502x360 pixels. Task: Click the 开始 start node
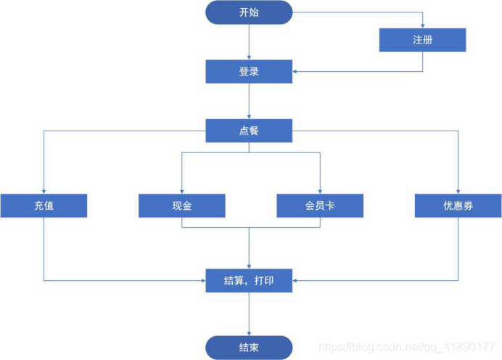click(x=249, y=12)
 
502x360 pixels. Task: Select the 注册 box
click(x=422, y=40)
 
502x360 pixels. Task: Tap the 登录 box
click(x=249, y=71)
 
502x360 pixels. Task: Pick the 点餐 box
click(x=249, y=131)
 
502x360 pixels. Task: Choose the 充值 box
click(x=44, y=205)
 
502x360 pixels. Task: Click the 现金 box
click(x=181, y=205)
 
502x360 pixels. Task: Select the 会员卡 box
click(x=320, y=205)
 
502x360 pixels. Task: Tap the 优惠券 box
click(x=458, y=205)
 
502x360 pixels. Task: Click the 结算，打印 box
click(x=249, y=279)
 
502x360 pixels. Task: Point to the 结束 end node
click(x=249, y=347)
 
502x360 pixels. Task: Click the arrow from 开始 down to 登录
click(x=249, y=42)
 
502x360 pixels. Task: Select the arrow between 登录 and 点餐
click(x=249, y=101)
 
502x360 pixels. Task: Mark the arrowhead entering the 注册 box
click(x=422, y=26)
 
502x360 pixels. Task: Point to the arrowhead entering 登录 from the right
click(x=295, y=71)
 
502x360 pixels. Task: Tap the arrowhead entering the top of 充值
click(x=44, y=191)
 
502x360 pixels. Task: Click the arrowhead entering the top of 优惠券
click(x=458, y=191)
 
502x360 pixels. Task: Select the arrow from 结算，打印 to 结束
click(x=249, y=314)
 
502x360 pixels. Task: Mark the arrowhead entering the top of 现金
click(x=181, y=191)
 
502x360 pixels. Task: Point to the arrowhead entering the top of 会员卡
click(x=320, y=191)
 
